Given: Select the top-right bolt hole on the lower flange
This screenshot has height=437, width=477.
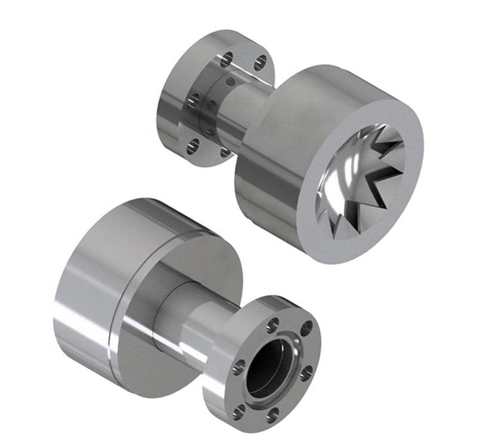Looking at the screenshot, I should [306, 328].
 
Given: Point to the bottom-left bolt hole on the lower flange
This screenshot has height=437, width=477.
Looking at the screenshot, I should [239, 411].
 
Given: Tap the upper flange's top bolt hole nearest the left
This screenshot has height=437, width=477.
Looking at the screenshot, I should [227, 59].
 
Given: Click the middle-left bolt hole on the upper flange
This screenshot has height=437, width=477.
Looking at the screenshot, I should [193, 100].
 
